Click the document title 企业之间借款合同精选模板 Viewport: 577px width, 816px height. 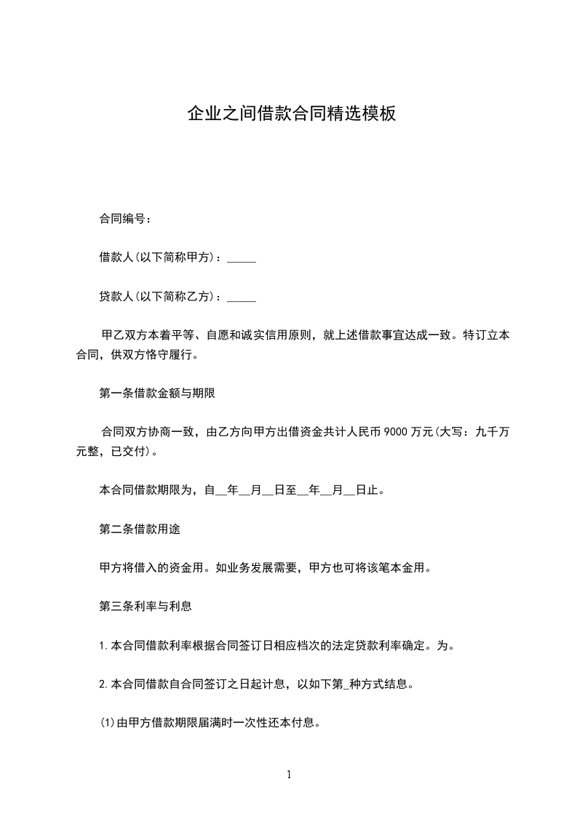coord(291,113)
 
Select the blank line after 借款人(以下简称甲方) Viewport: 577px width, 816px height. coord(242,258)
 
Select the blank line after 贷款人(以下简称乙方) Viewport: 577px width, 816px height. coord(242,297)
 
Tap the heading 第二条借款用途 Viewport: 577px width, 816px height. coord(139,529)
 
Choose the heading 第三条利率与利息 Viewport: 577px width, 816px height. coord(145,605)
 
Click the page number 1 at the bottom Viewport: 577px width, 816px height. coord(289,775)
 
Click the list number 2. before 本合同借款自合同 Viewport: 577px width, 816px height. coord(103,684)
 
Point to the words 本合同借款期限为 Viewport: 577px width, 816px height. coord(145,490)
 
